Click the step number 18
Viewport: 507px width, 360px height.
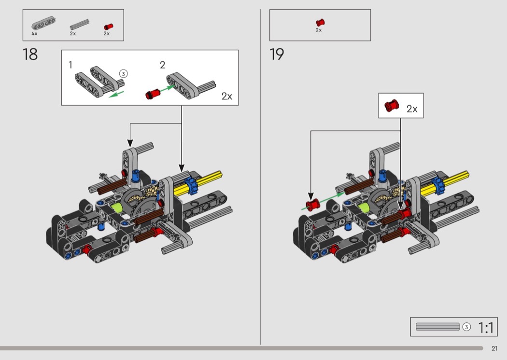[x=30, y=54]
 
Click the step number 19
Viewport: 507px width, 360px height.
[x=277, y=54]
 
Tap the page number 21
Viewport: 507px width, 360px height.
[x=494, y=348]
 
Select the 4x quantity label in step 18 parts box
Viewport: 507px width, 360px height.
[x=34, y=34]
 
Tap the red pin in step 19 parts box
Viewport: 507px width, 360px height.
[x=320, y=22]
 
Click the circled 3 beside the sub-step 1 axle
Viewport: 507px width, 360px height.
[x=123, y=74]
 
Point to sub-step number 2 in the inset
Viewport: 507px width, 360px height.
[x=162, y=65]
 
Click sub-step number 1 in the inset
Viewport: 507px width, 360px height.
[x=70, y=64]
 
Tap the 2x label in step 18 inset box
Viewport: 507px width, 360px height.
[x=227, y=96]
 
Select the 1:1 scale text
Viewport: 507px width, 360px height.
[x=486, y=328]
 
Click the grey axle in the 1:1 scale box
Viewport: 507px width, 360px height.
[x=437, y=327]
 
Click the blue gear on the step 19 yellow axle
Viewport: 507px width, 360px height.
[x=439, y=184]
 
